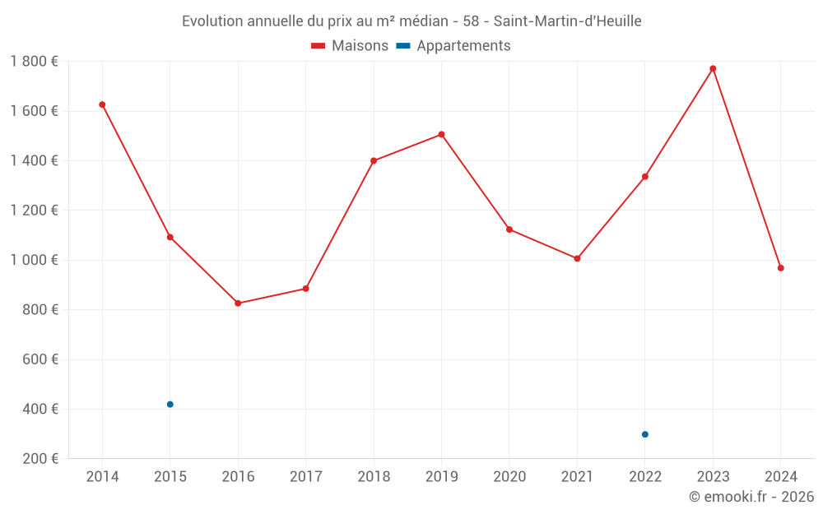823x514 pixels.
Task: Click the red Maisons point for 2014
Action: (x=102, y=104)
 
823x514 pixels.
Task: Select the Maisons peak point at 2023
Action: (x=713, y=68)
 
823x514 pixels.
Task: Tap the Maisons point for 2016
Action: (x=238, y=303)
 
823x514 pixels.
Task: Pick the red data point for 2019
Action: (x=442, y=134)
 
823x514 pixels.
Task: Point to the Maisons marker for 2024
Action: (x=780, y=268)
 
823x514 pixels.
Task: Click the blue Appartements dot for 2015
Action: (x=170, y=405)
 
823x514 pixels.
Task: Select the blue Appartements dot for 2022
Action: (x=645, y=434)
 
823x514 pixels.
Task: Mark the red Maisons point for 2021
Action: (x=577, y=258)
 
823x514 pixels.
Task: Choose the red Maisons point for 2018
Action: (x=374, y=160)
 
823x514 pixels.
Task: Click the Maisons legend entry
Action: (x=350, y=46)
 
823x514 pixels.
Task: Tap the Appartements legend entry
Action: (x=453, y=46)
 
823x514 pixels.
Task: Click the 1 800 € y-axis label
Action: (x=34, y=62)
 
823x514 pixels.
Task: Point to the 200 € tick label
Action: (x=40, y=459)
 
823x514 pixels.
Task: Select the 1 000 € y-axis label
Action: (x=34, y=260)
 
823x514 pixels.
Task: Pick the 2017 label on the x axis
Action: (x=305, y=477)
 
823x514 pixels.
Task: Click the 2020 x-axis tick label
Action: (x=509, y=477)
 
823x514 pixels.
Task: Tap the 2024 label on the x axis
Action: (x=780, y=477)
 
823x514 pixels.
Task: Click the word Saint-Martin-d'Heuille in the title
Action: (x=567, y=21)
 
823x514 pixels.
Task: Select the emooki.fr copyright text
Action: (x=751, y=497)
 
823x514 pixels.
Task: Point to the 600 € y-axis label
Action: (x=40, y=359)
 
